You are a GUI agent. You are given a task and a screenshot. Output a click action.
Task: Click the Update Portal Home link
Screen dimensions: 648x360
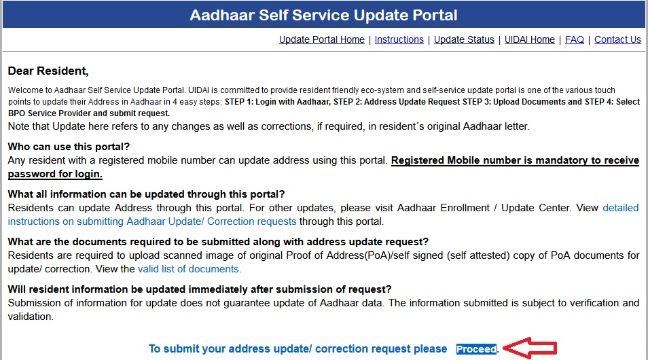(321, 39)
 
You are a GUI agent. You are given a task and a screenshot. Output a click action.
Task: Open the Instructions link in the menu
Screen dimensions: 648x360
(399, 39)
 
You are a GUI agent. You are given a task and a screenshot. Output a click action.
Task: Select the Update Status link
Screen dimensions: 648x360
(464, 39)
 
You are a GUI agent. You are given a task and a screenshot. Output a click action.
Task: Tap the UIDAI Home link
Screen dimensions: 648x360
(530, 39)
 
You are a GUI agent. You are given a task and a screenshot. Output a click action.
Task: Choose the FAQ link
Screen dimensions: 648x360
(575, 39)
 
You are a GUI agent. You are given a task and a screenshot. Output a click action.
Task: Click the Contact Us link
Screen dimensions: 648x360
(617, 39)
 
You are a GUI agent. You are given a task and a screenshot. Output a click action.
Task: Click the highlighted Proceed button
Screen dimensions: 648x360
(477, 349)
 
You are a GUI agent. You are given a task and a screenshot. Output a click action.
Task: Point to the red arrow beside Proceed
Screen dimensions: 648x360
(530, 348)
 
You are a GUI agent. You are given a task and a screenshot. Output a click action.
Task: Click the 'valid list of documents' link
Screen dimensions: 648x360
(188, 269)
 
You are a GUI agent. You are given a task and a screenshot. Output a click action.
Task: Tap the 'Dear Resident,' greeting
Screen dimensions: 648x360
(48, 71)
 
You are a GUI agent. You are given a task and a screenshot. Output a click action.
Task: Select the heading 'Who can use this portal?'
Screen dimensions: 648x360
(69, 147)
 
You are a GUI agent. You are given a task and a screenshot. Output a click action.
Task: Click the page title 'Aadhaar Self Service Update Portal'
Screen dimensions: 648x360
(323, 16)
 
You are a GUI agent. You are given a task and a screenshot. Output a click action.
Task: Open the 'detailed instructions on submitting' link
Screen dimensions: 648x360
(323, 215)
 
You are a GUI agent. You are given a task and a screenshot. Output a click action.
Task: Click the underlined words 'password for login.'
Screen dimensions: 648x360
(55, 174)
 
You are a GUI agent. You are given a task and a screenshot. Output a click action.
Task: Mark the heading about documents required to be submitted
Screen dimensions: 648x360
(218, 242)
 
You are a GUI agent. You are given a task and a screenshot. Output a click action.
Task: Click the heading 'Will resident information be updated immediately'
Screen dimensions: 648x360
(200, 289)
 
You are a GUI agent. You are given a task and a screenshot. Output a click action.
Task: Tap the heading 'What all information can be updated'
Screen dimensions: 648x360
(146, 194)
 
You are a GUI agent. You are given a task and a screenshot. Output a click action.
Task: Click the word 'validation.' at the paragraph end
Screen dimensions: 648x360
(31, 317)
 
